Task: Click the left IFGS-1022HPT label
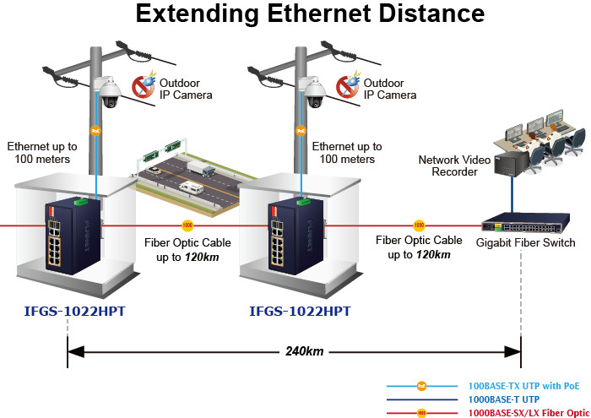click(x=75, y=312)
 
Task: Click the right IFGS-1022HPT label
click(x=300, y=312)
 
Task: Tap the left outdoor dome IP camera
click(x=110, y=92)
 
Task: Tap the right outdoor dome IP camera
click(x=314, y=92)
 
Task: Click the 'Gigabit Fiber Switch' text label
click(x=525, y=243)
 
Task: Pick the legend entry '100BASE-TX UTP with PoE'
click(x=524, y=385)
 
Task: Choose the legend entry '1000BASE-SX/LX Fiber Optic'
click(x=529, y=412)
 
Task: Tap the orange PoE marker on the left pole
click(x=96, y=131)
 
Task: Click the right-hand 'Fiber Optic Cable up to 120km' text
click(x=419, y=247)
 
